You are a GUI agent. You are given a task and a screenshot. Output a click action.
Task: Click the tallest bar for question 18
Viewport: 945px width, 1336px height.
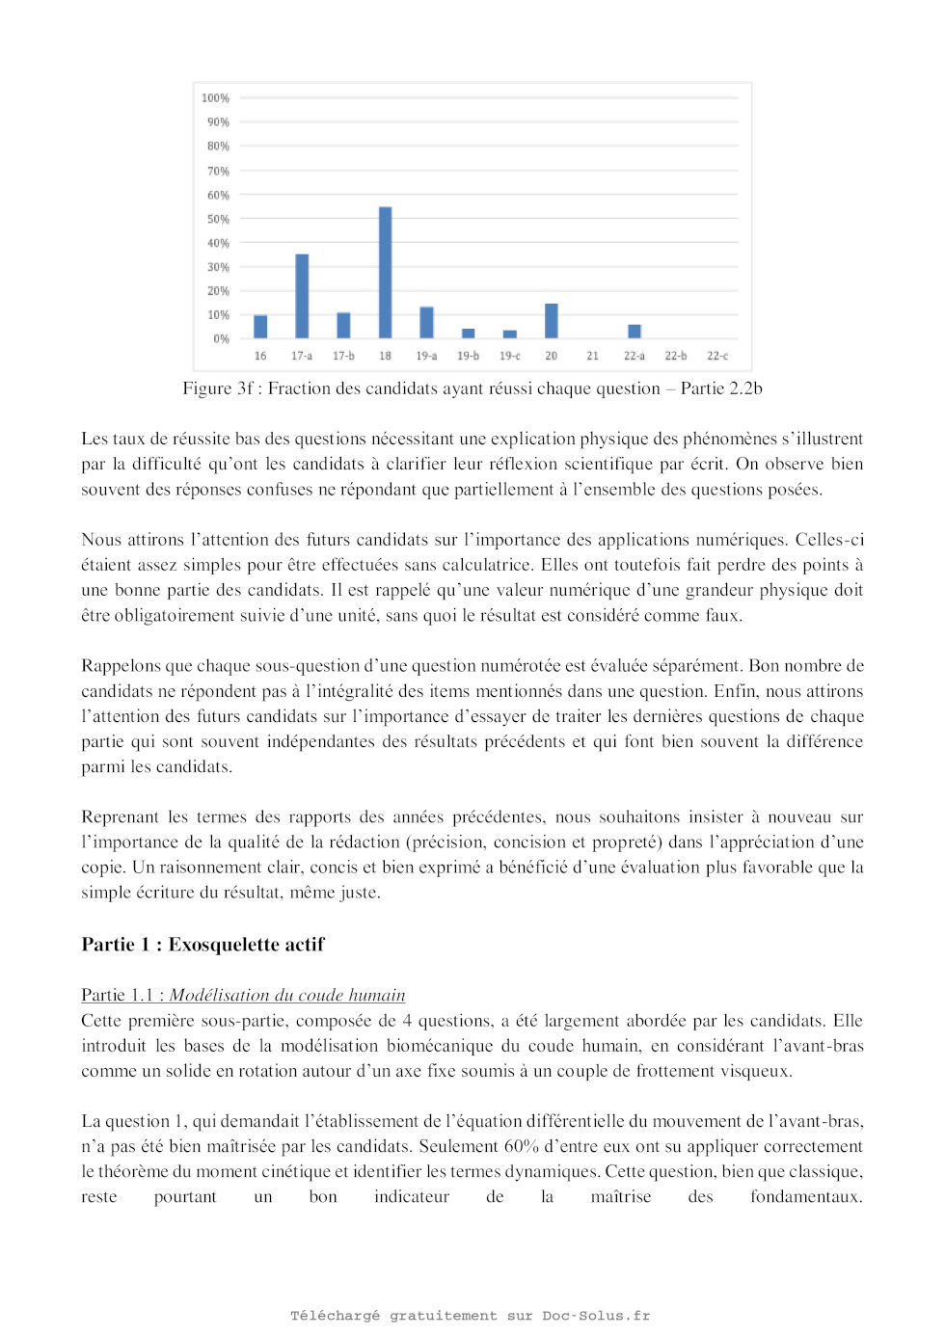click(385, 273)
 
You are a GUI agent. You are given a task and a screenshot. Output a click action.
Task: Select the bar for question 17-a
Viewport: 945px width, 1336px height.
click(302, 296)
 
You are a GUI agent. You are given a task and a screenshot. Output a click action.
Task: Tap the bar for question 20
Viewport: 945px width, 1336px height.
click(552, 321)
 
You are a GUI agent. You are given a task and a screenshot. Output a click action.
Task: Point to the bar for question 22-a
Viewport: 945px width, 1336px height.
click(634, 332)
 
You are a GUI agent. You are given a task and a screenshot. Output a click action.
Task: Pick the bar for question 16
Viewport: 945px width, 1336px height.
click(260, 327)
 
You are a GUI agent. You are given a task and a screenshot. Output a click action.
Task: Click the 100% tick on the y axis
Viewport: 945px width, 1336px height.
click(215, 98)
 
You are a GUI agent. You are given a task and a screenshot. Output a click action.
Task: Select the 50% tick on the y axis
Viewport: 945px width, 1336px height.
click(218, 220)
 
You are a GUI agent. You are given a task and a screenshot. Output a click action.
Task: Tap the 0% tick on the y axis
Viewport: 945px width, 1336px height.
click(221, 339)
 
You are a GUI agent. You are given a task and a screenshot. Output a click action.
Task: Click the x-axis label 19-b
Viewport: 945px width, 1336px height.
click(468, 357)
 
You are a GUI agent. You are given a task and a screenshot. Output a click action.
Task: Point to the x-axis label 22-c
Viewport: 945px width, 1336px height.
click(717, 357)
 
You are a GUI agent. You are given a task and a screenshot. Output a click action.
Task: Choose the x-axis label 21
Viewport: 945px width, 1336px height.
click(592, 357)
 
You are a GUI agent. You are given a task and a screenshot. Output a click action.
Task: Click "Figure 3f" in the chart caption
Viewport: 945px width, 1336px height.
click(219, 388)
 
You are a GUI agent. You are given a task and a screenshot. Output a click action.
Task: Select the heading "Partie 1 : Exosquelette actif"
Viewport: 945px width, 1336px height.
click(202, 945)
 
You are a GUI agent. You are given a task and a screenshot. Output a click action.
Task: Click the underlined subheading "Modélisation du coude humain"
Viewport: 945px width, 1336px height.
click(287, 996)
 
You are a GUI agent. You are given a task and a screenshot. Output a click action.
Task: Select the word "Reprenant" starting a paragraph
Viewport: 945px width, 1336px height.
click(121, 817)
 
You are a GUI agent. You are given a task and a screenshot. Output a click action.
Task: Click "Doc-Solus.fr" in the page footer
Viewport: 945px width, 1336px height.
click(595, 1316)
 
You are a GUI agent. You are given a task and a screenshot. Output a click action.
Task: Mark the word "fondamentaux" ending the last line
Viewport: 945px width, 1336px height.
click(804, 1197)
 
